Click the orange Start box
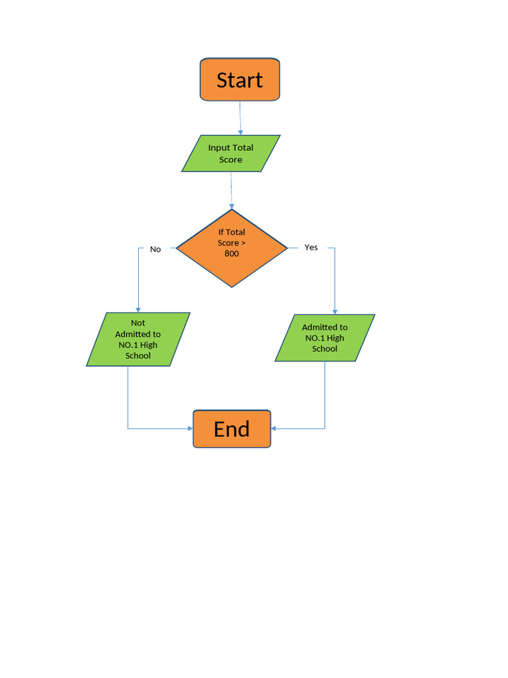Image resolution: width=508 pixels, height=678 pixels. tap(239, 79)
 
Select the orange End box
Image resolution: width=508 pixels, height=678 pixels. tap(232, 429)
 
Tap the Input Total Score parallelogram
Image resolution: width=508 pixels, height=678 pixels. tap(231, 154)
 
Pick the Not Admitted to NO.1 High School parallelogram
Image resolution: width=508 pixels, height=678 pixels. tap(138, 339)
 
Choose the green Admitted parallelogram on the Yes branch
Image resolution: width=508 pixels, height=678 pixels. tap(325, 338)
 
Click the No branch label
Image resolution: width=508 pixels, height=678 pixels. tap(155, 249)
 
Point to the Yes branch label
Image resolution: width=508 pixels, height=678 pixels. tap(311, 248)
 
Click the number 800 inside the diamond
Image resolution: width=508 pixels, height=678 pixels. tap(232, 254)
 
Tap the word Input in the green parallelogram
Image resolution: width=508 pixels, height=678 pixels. tap(219, 148)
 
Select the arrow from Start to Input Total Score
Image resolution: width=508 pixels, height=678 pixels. tap(240, 118)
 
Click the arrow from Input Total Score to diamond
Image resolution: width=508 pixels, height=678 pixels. tap(232, 191)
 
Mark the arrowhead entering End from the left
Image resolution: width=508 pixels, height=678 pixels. tap(190, 429)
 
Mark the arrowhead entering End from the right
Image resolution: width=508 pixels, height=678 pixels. tap(274, 428)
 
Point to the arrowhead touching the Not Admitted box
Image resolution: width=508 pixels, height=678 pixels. tap(138, 309)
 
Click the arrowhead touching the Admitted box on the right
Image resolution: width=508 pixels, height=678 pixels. tap(335, 311)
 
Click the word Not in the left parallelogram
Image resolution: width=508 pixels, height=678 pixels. tap(138, 323)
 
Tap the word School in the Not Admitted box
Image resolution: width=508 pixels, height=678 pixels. tap(138, 356)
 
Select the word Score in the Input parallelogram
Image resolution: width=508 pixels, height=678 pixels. tap(231, 160)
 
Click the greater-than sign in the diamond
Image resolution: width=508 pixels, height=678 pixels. tap(243, 243)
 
